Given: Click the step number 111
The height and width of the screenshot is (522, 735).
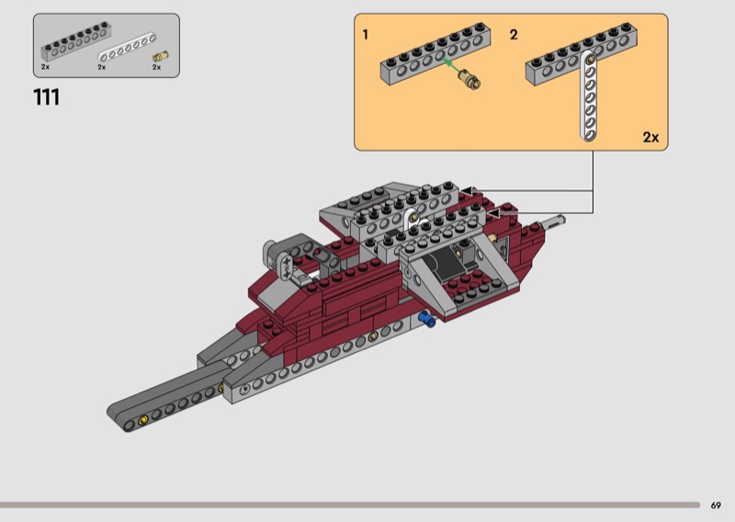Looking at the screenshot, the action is (x=47, y=97).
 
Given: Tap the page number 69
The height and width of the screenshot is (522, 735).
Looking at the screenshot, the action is (x=716, y=505).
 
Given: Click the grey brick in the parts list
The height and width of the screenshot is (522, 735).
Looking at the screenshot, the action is (x=76, y=41).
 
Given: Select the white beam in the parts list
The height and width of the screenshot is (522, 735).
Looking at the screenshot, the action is (x=127, y=47).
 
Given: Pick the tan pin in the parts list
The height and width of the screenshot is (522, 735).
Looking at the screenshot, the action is (x=160, y=57).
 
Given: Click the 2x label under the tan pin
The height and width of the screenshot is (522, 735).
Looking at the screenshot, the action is (x=156, y=67).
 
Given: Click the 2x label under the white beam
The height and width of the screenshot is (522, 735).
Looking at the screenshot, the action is (x=102, y=67).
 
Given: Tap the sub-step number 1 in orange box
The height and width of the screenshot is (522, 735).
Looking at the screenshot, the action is (x=366, y=35).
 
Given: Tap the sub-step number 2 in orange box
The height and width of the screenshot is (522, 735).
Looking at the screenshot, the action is (x=514, y=35).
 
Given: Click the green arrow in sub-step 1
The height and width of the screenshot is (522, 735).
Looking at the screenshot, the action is (x=452, y=66).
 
